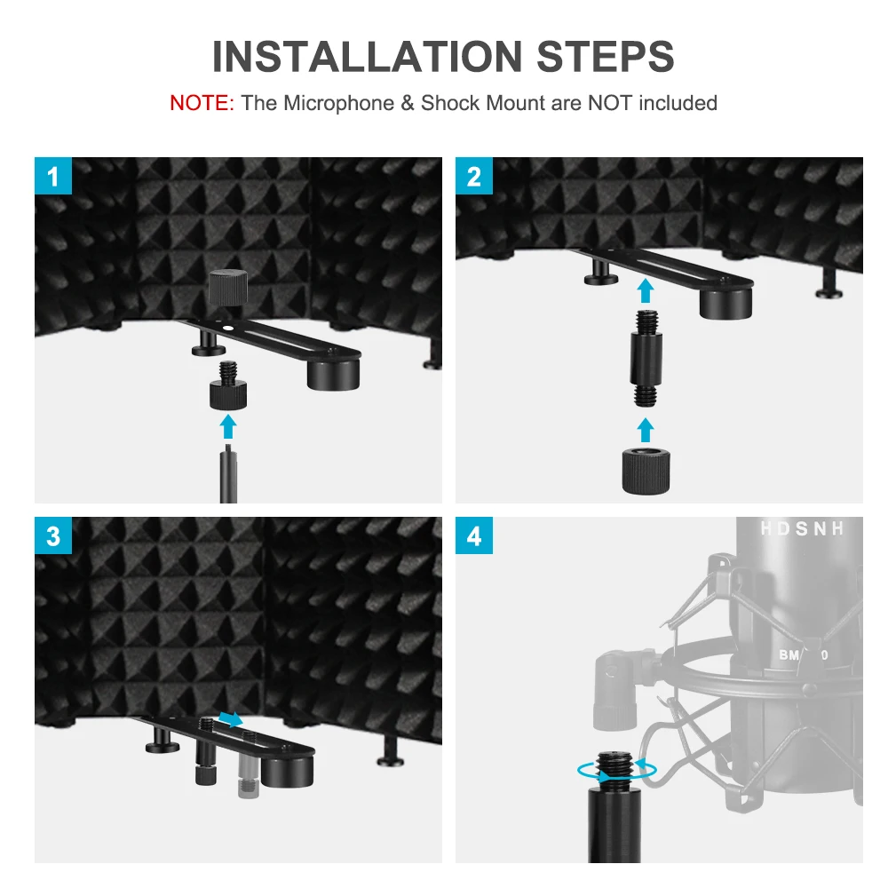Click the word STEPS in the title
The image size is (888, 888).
(x=605, y=56)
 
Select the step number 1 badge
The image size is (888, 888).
(x=53, y=177)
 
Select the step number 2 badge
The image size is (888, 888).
(x=474, y=177)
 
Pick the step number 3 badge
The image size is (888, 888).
(x=53, y=536)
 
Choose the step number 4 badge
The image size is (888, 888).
(x=474, y=536)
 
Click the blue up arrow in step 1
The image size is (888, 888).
(x=229, y=426)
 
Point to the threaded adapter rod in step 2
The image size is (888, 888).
(x=646, y=357)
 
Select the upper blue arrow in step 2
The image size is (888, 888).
(x=646, y=290)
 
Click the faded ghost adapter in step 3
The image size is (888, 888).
(x=246, y=771)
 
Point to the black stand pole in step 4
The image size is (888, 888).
(x=614, y=826)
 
